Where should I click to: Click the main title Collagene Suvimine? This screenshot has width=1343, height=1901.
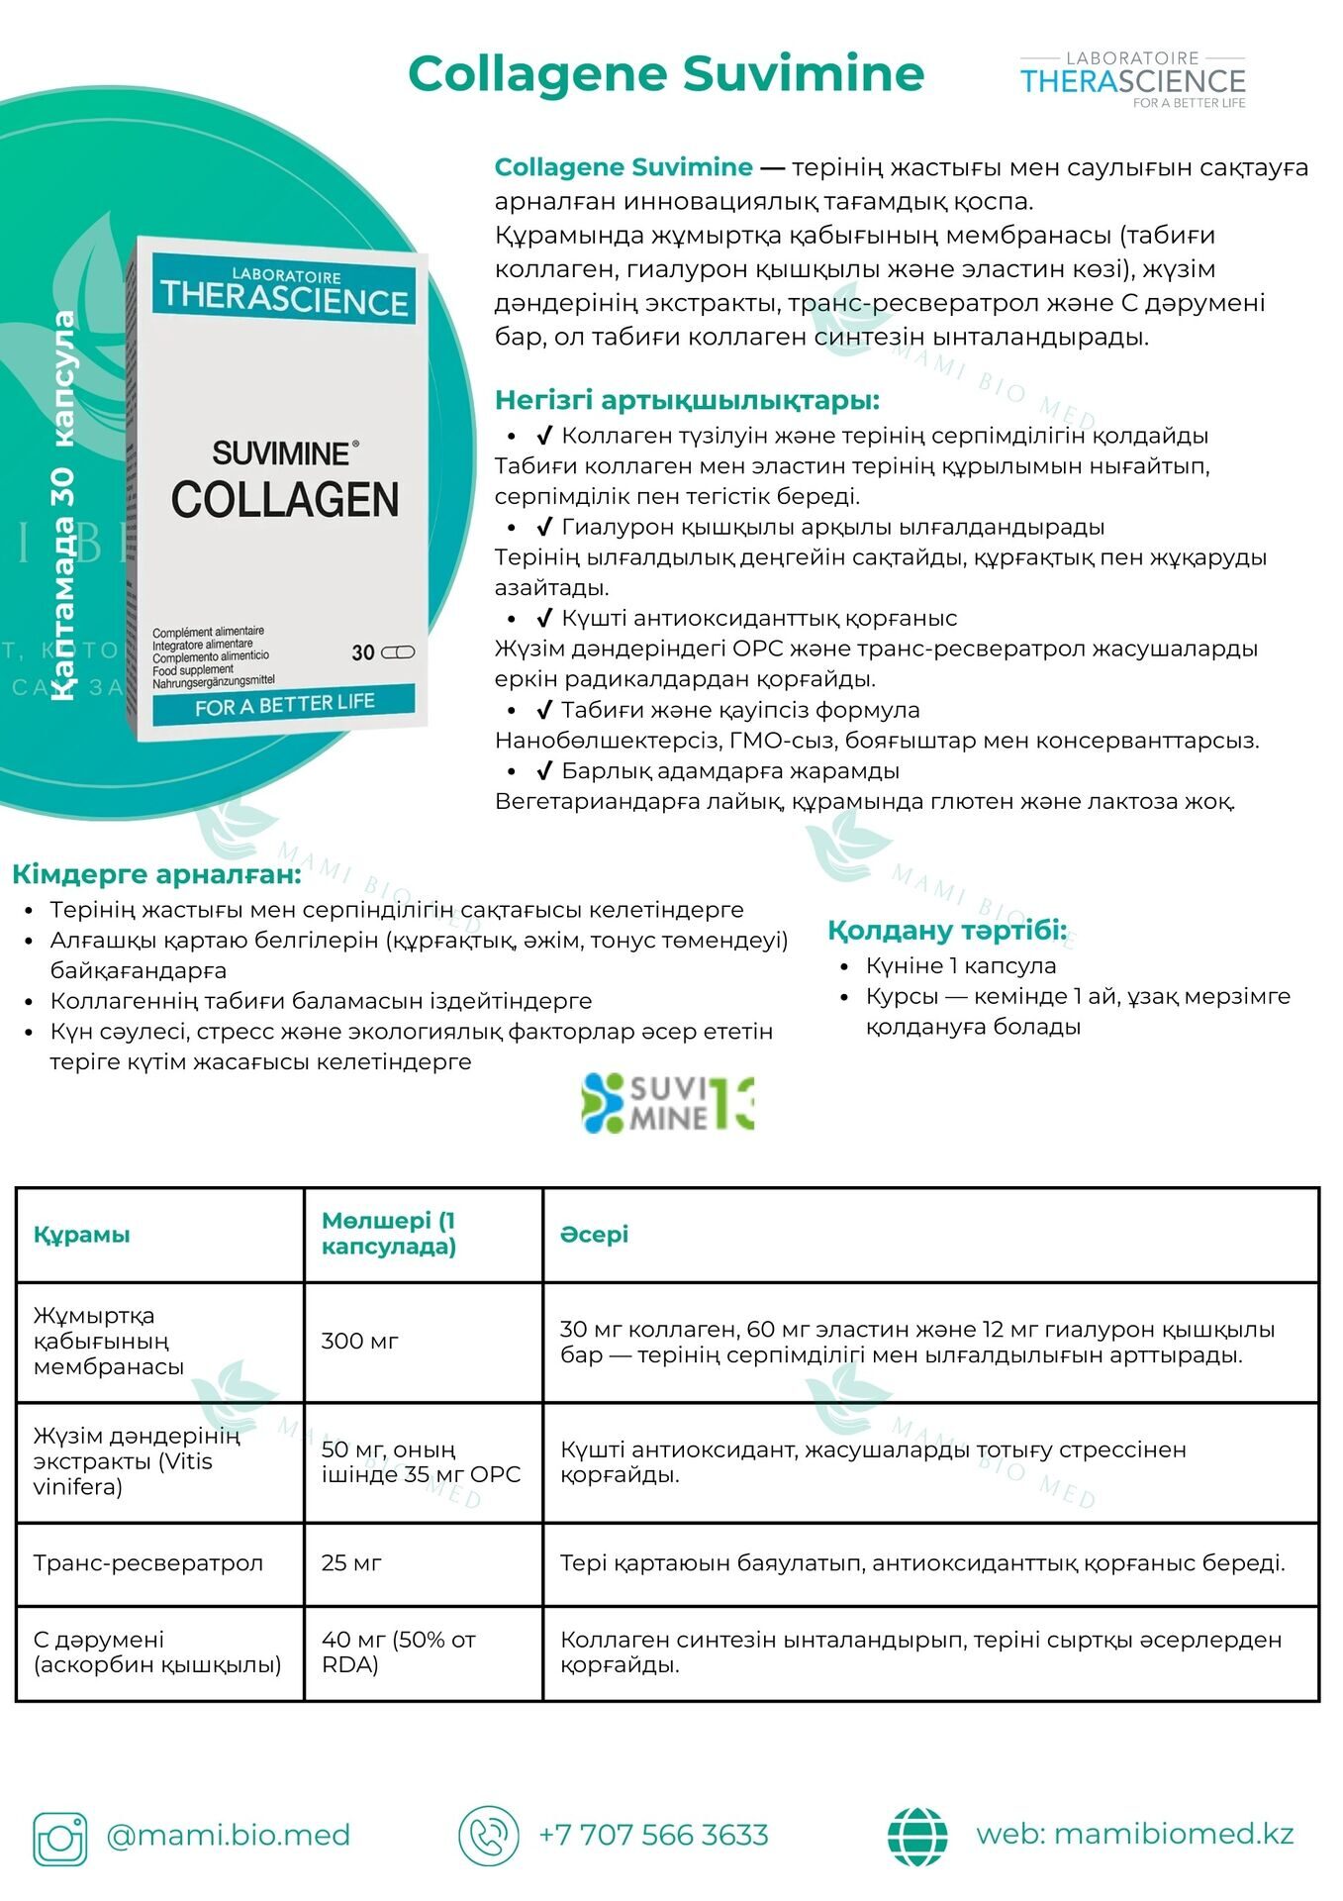(x=666, y=74)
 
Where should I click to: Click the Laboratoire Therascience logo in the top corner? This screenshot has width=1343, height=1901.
(x=1132, y=80)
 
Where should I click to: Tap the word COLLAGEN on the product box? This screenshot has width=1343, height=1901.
(x=285, y=500)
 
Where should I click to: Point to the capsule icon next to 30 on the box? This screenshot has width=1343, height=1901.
(x=398, y=651)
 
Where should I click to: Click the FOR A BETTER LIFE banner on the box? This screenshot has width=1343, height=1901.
(x=284, y=705)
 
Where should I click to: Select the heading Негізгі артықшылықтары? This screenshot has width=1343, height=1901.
(x=687, y=400)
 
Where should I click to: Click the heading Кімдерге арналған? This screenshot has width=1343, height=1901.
(x=156, y=874)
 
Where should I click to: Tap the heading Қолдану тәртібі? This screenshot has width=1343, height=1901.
(x=947, y=931)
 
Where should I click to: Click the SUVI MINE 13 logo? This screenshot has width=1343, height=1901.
(x=668, y=1103)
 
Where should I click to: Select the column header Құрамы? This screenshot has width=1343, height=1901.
(x=82, y=1235)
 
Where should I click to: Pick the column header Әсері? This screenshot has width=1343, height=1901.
(x=594, y=1235)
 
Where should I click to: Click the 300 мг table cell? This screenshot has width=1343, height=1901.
(x=359, y=1342)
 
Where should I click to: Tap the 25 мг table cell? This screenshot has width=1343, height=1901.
(x=351, y=1562)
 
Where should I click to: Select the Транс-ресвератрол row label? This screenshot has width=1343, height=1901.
(x=148, y=1562)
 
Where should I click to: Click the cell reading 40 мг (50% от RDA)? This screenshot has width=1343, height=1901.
(x=399, y=1651)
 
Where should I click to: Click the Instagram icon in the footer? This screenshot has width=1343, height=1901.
(x=60, y=1839)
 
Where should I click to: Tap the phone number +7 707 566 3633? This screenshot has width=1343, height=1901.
(x=653, y=1835)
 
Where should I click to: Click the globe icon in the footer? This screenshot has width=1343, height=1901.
(x=917, y=1837)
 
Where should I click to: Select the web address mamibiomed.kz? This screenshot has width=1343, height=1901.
(x=1134, y=1834)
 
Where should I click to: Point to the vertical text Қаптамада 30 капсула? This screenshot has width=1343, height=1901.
(x=64, y=506)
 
